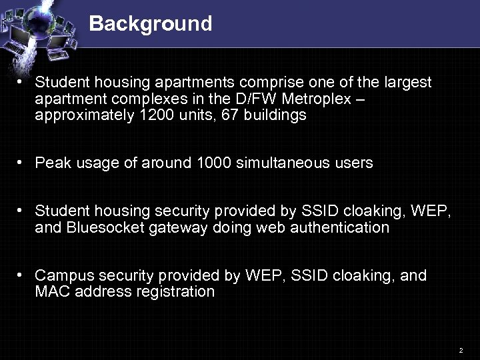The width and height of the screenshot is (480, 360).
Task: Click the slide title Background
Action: click(150, 24)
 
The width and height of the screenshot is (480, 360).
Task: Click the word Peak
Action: click(51, 163)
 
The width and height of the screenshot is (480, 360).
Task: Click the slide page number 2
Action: click(460, 350)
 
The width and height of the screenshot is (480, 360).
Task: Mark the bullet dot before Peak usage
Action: click(22, 162)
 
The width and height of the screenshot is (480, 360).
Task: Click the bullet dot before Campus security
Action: click(22, 275)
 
